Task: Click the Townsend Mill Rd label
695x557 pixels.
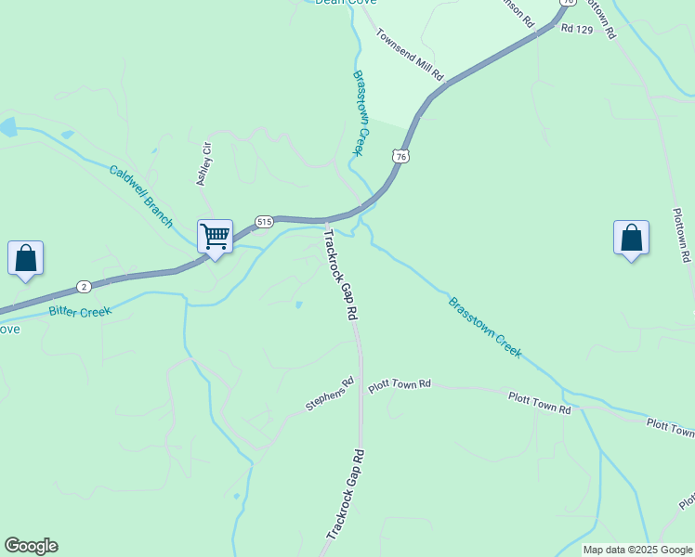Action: [410, 54]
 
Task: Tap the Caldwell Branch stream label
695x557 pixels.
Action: [141, 196]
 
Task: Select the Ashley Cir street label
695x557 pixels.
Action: [204, 163]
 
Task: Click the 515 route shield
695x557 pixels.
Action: [264, 221]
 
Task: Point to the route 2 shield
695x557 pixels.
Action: [84, 285]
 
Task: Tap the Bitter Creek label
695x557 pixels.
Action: [80, 312]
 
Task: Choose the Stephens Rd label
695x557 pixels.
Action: [330, 395]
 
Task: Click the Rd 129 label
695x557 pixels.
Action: [576, 30]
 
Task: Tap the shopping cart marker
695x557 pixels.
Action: [215, 238]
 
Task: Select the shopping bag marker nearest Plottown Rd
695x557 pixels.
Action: [631, 238]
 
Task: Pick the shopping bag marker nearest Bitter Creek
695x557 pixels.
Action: [25, 258]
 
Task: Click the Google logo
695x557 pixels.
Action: [31, 546]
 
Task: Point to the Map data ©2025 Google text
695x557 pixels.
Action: [637, 550]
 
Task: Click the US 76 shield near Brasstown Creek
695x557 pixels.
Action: [400, 157]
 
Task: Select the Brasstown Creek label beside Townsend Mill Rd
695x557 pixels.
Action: [361, 113]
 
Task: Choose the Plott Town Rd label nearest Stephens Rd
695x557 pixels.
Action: [400, 384]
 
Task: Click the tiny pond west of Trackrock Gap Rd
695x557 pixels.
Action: [297, 304]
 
